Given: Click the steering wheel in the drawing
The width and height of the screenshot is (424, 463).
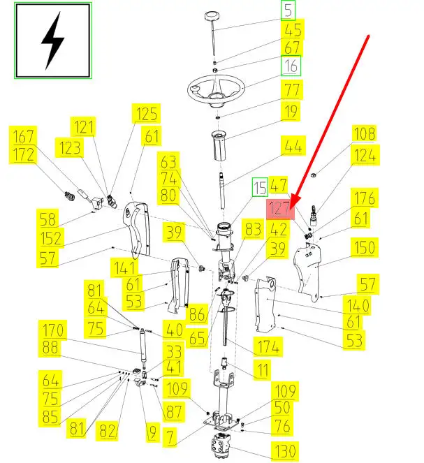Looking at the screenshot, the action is coord(214,89).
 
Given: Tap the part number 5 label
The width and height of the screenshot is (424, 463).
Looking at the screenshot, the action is coord(288,10).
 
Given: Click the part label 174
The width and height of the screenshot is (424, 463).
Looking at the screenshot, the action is coord(268,346).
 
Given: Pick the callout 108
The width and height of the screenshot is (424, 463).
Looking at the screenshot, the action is coord(363,133).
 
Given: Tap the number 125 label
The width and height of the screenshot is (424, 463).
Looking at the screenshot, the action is coord(147,113).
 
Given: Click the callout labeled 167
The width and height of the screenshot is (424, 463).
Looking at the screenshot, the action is coord(24,135).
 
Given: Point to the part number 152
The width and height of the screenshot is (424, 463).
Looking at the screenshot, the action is coord(51,237).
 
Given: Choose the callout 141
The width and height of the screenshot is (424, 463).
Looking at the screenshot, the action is coord(126,267).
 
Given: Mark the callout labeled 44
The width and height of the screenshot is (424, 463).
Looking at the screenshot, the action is coord(293,145).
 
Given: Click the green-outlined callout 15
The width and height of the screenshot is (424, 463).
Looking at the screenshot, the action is coord(260,187).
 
